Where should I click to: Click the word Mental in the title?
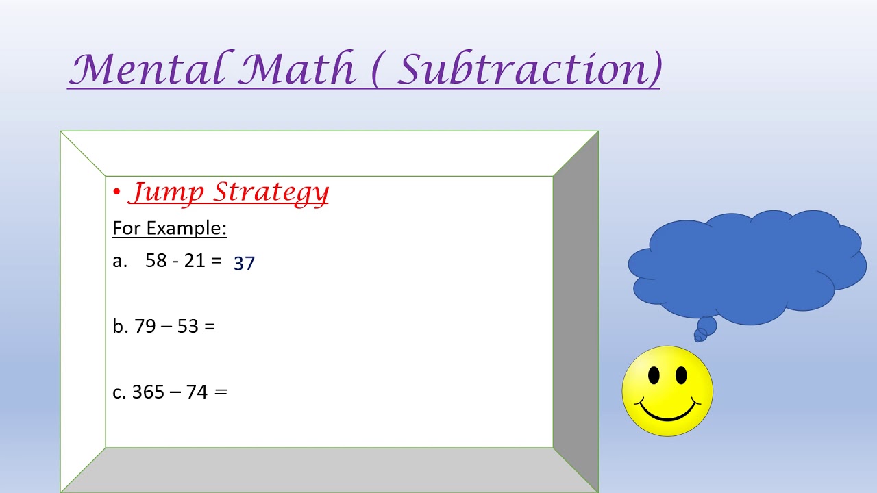pyautogui.click(x=147, y=68)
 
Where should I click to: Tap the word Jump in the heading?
pyautogui.click(x=166, y=192)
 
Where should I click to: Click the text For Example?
pyautogui.click(x=169, y=228)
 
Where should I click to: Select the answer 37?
pyautogui.click(x=244, y=264)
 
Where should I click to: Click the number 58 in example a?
pyautogui.click(x=156, y=261)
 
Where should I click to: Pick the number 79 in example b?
pyautogui.click(x=145, y=327)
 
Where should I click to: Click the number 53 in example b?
pyautogui.click(x=188, y=327)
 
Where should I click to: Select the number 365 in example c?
pyautogui.click(x=148, y=392)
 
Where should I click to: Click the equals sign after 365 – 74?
pyautogui.click(x=221, y=392)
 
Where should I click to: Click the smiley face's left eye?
pyautogui.click(x=654, y=375)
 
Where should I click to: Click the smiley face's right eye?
pyautogui.click(x=681, y=375)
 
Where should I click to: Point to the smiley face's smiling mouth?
pyautogui.click(x=667, y=412)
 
